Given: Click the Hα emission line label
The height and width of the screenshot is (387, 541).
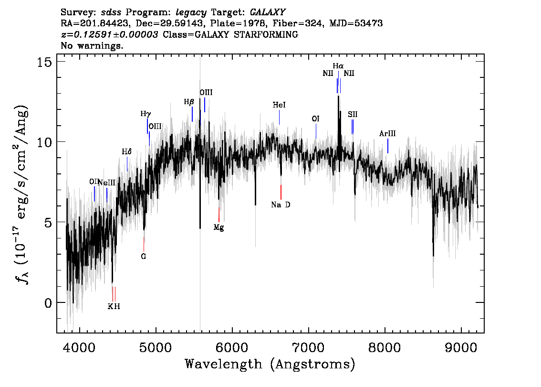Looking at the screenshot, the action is click(x=338, y=65).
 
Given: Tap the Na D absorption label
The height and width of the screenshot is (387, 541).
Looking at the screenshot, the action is click(x=281, y=205).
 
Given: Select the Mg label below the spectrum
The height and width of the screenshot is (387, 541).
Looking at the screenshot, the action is click(x=219, y=227).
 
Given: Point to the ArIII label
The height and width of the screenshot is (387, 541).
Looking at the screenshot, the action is click(x=387, y=134).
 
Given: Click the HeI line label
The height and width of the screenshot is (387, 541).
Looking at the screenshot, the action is click(x=279, y=105).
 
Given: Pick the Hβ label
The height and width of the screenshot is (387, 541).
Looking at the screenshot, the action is click(x=189, y=102).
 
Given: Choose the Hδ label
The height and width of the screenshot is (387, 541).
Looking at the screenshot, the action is click(x=126, y=151).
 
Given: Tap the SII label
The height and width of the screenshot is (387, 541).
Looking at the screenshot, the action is click(x=353, y=114).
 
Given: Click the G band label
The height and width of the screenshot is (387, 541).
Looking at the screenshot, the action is click(x=144, y=257).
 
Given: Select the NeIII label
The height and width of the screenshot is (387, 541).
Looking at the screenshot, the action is click(x=106, y=183).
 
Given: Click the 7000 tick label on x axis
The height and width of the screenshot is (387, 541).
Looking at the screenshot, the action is click(x=308, y=348).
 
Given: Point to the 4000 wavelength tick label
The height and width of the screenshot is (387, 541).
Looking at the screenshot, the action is click(x=79, y=348).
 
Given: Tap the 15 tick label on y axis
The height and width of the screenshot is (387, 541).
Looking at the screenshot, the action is click(x=44, y=62).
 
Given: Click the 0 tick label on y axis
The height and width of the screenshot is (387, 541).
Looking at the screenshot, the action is click(x=48, y=303).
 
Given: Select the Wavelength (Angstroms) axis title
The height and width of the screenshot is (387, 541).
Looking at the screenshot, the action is click(x=270, y=365).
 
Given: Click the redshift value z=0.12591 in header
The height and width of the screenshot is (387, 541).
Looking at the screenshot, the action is click(x=109, y=34).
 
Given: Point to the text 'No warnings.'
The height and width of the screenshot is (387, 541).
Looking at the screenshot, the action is click(x=92, y=45).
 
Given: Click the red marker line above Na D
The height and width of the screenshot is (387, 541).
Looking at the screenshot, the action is click(x=281, y=192).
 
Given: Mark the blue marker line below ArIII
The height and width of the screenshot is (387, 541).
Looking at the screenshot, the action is click(x=388, y=146).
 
